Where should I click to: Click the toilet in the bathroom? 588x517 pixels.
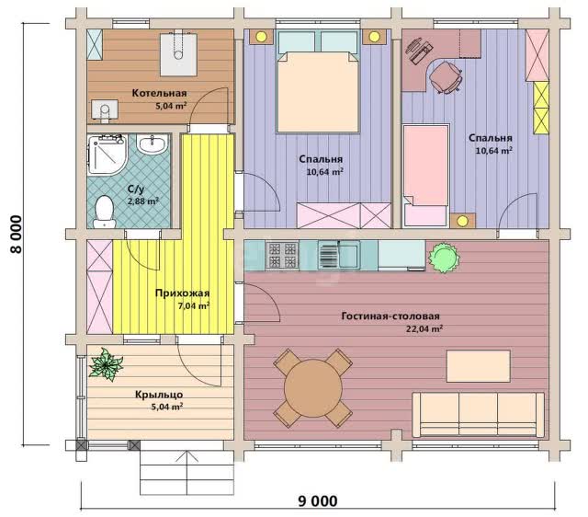click(104, 213)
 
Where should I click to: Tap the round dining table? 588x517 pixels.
click(313, 388)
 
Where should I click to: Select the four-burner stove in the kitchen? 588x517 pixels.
click(282, 255)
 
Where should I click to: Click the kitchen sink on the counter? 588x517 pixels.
click(339, 255)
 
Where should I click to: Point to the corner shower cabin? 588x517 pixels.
click(107, 155)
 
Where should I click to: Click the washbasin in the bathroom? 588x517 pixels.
click(152, 144)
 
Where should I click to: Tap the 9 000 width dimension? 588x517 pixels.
click(317, 500)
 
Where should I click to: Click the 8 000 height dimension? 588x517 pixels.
click(17, 235)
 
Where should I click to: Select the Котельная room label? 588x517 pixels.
click(159, 93)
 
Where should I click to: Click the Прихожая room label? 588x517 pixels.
click(182, 293)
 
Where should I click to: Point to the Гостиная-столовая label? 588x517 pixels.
click(390, 316)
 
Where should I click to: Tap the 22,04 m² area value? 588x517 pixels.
click(424, 329)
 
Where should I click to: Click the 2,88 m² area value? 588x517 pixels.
click(143, 201)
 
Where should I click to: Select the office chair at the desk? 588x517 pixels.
click(446, 77)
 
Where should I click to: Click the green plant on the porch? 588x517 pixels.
click(106, 364)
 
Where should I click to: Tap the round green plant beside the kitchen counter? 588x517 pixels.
click(444, 258)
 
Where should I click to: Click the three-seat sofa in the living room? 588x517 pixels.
click(478, 415)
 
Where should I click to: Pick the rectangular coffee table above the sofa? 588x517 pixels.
click(478, 366)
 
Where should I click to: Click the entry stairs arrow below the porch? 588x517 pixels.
click(187, 473)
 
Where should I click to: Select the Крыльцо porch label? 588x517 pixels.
click(159, 395)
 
